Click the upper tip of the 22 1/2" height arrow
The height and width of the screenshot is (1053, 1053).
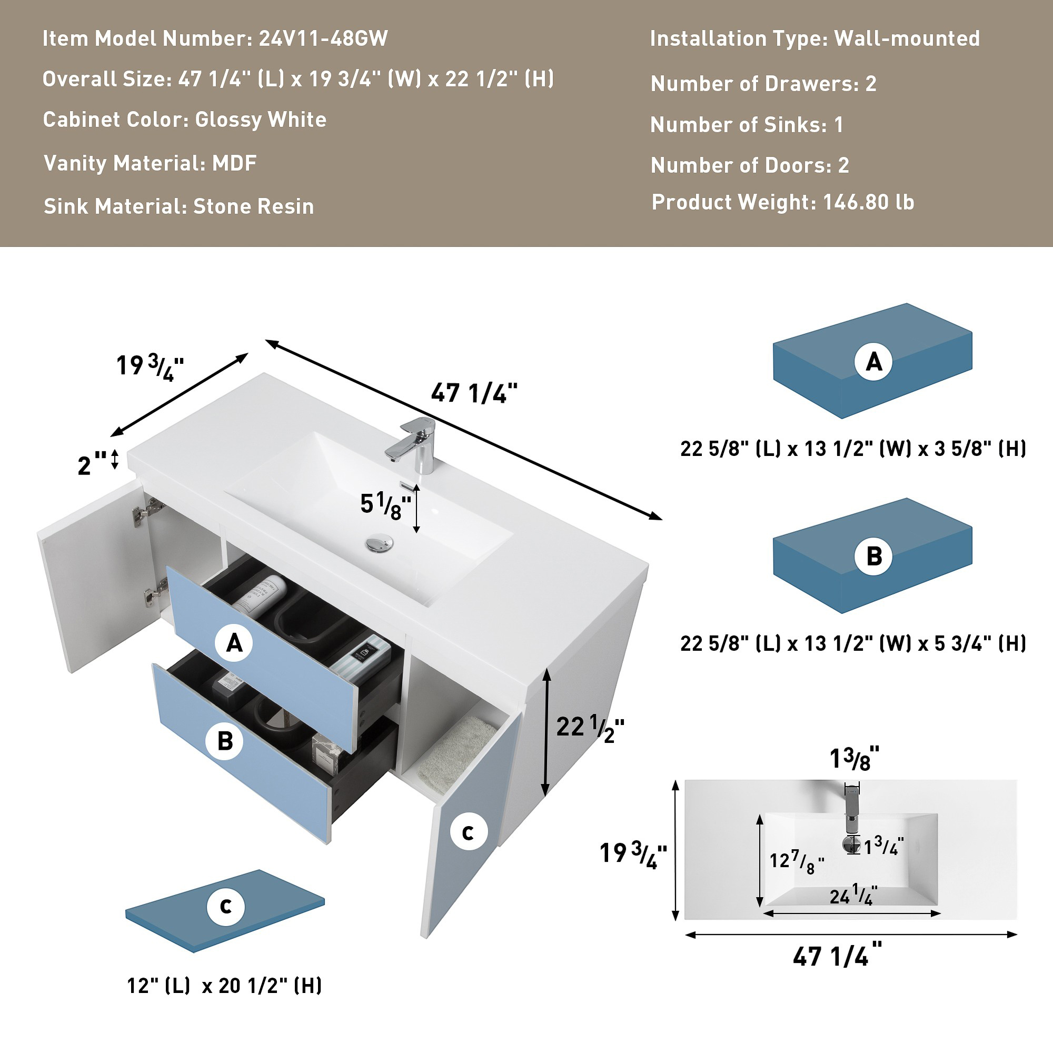click(547, 670)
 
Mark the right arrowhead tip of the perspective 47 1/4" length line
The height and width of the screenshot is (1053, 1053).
click(662, 520)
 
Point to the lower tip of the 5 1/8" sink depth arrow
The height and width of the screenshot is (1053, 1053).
click(416, 533)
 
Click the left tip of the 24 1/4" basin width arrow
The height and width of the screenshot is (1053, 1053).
click(763, 913)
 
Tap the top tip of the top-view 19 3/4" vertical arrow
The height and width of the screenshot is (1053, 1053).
click(675, 780)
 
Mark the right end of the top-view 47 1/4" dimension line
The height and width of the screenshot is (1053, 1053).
click(1017, 935)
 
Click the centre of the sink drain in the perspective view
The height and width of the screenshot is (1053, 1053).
click(379, 543)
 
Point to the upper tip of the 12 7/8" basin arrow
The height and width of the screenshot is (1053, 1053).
click(760, 815)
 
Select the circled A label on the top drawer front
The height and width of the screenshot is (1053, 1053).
click(234, 643)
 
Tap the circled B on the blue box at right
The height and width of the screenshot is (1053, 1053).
click(873, 556)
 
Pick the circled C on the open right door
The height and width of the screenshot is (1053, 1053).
click(469, 832)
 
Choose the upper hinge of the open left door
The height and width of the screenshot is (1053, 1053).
click(147, 511)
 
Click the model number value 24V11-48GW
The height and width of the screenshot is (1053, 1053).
click(323, 38)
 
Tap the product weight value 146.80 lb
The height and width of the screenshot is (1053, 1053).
click(868, 202)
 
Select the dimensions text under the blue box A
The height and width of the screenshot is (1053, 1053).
click(853, 449)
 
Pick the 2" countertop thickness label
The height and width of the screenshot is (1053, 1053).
click(92, 464)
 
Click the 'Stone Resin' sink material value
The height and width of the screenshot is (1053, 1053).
click(253, 206)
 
